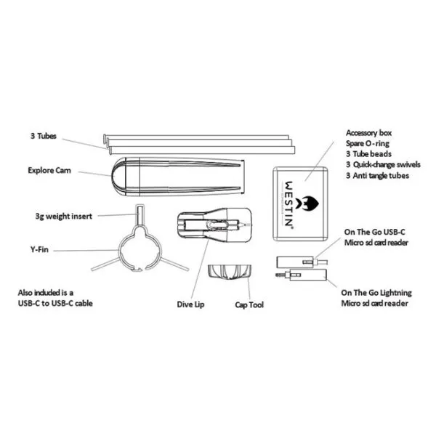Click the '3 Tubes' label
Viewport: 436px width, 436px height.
pyautogui.click(x=44, y=136)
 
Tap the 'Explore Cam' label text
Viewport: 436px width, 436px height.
pyautogui.click(x=49, y=170)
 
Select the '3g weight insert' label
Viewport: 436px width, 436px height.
pyautogui.click(x=64, y=216)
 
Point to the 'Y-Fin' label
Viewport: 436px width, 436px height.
pyautogui.click(x=39, y=249)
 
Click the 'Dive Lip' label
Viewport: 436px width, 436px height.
pyautogui.click(x=190, y=304)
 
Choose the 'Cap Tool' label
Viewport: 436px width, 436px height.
pyautogui.click(x=249, y=304)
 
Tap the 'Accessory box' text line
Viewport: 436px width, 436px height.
pyautogui.click(x=368, y=133)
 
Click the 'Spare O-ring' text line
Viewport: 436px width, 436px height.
pyautogui.click(x=368, y=143)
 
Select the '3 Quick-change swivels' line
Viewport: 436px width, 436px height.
pyautogui.click(x=383, y=165)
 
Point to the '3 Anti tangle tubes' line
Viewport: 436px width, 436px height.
pyautogui.click(x=377, y=175)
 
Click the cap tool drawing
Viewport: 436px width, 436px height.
pyautogui.click(x=230, y=272)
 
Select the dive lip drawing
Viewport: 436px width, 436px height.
pyautogui.click(x=214, y=225)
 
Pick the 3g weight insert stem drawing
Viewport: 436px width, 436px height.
pyautogui.click(x=140, y=214)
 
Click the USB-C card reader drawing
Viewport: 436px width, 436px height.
pyautogui.click(x=302, y=262)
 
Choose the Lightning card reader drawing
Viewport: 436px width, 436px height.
pyautogui.click(x=302, y=275)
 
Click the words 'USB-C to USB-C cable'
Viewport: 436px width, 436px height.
pyautogui.click(x=55, y=303)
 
